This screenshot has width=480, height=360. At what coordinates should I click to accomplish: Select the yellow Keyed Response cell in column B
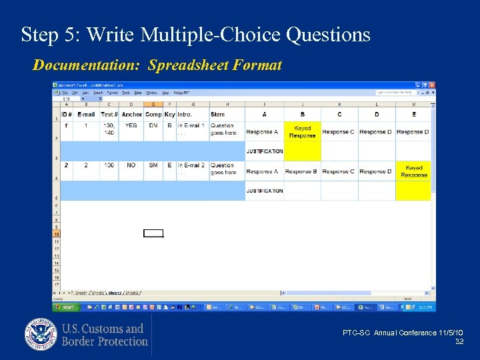[302, 131]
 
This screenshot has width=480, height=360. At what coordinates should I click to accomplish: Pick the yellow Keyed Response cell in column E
[413, 171]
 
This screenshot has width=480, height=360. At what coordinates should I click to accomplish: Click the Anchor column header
[131, 115]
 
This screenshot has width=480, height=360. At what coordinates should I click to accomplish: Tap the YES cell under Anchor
[131, 125]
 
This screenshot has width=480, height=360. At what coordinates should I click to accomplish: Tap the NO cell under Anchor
[131, 165]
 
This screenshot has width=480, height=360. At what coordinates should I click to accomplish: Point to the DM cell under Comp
[153, 125]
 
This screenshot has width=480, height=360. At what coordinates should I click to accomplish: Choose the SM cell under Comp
[153, 165]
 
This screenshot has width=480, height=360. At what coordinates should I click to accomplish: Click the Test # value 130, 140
[109, 129]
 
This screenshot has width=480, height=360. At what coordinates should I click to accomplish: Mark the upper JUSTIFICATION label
[265, 151]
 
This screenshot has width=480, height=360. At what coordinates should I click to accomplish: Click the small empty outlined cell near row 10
[153, 233]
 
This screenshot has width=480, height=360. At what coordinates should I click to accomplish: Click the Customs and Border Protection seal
[41, 335]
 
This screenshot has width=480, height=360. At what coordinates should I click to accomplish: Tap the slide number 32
[459, 341]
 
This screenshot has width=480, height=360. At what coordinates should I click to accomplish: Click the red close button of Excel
[432, 85]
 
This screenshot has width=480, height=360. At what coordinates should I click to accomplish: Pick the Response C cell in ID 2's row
[339, 171]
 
